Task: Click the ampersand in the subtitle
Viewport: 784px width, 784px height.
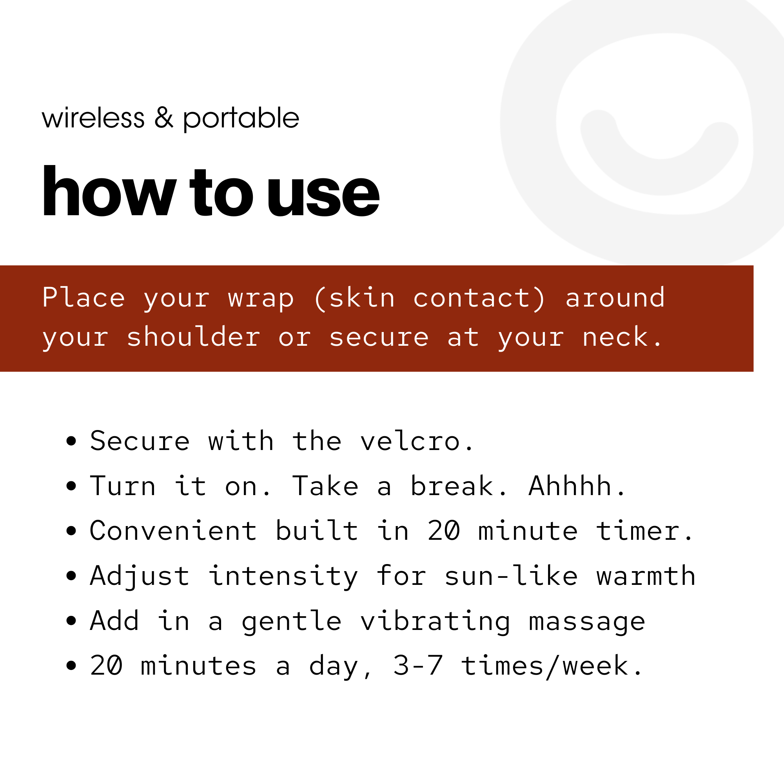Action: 163,118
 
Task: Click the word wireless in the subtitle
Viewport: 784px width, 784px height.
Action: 93,118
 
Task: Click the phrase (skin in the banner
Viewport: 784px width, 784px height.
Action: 354,298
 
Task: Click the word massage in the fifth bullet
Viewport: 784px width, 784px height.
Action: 587,622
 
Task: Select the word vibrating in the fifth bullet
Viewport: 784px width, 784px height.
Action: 435,621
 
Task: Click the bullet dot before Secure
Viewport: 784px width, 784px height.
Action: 71,441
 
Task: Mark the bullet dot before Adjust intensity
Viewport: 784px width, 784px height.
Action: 71,576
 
